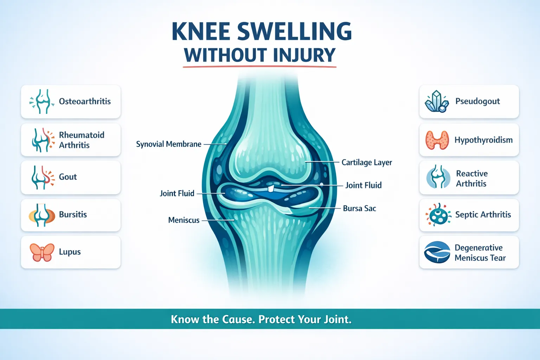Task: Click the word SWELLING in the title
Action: click(x=295, y=32)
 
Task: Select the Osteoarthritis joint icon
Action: click(x=42, y=102)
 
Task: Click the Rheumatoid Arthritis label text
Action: click(x=82, y=140)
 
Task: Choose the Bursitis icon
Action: click(x=42, y=215)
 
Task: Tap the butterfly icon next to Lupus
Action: click(x=42, y=252)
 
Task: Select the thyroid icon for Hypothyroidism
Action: click(x=437, y=140)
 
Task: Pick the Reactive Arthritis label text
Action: click(x=471, y=179)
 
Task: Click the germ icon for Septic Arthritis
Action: click(x=438, y=215)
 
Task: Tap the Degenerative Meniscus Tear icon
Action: click(x=437, y=252)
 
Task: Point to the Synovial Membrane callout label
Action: click(x=169, y=144)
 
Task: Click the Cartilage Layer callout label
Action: click(x=367, y=162)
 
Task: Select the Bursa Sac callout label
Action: click(x=359, y=208)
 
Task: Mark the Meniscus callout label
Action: click(x=184, y=220)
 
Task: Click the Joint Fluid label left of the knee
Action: click(x=177, y=193)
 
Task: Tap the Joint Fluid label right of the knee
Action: click(x=363, y=185)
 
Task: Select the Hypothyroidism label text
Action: click(x=483, y=140)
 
